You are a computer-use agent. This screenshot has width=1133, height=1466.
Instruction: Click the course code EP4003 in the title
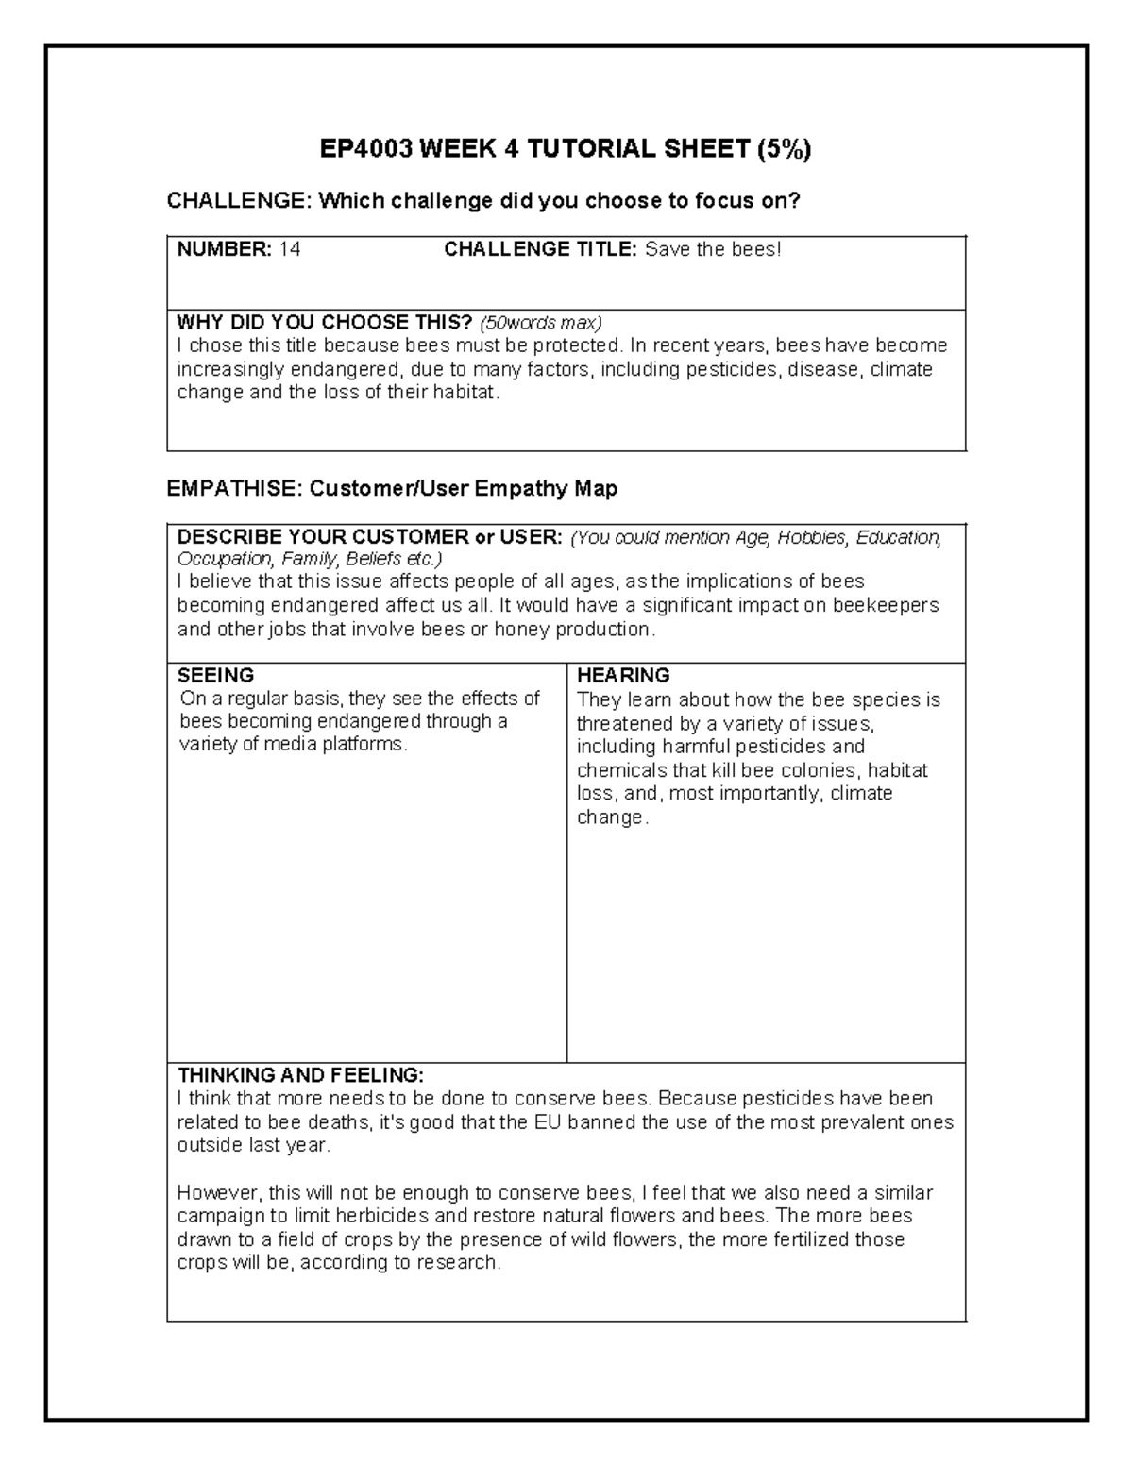pyautogui.click(x=366, y=149)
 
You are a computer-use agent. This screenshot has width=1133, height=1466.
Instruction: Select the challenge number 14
pyautogui.click(x=290, y=250)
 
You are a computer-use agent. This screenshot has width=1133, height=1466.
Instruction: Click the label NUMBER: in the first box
pyautogui.click(x=225, y=250)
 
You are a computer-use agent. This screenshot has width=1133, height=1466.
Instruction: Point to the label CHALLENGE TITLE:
pyautogui.click(x=542, y=250)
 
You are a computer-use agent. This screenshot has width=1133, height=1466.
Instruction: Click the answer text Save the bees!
pyautogui.click(x=713, y=250)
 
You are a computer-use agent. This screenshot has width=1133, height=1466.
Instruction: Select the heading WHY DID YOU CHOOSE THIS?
pyautogui.click(x=325, y=323)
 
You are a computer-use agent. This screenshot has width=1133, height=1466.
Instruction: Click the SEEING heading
pyautogui.click(x=215, y=676)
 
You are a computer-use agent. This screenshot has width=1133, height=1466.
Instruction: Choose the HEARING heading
pyautogui.click(x=623, y=676)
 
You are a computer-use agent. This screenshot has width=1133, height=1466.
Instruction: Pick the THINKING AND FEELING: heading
pyautogui.click(x=301, y=1075)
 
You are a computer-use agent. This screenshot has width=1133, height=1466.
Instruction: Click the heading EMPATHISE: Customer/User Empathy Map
pyautogui.click(x=392, y=489)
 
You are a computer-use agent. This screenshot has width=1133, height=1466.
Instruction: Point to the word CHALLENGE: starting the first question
pyautogui.click(x=237, y=201)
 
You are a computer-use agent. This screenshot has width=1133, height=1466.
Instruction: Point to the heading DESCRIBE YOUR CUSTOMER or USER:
pyautogui.click(x=370, y=538)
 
